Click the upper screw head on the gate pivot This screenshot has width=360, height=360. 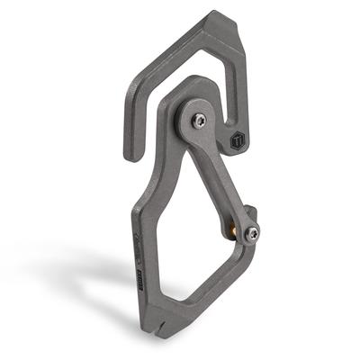tap(199, 119)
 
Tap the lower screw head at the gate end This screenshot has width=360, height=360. tap(253, 233)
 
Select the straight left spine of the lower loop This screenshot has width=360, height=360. tap(137, 234)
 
